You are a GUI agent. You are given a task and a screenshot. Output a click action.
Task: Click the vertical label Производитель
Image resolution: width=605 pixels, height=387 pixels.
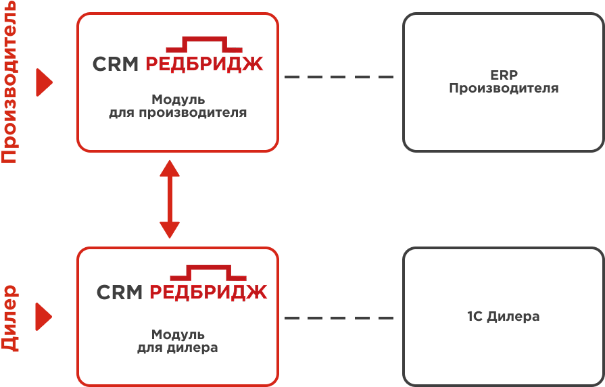point(9,82)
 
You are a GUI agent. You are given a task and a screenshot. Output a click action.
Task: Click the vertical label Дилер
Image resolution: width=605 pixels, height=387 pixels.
point(9,317)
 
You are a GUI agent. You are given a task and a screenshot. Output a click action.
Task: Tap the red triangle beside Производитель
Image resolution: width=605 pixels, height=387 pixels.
point(45,82)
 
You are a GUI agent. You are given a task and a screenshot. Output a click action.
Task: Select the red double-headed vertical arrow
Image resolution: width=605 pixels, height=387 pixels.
point(169,199)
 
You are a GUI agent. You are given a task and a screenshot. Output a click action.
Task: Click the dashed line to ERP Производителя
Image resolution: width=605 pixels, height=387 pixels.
point(339,77)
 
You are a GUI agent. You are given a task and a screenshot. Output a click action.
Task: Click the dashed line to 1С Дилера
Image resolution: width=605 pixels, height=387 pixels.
point(339,317)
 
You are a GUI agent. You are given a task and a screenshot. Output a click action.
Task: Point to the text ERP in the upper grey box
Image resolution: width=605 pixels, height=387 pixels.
point(504,76)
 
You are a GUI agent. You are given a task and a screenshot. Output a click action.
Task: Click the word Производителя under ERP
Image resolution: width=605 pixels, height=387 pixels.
point(504,88)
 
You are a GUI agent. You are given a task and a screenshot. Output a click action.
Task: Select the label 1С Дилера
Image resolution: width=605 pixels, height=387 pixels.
point(504,317)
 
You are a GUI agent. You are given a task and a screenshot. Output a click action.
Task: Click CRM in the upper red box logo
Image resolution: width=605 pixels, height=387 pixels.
point(116,64)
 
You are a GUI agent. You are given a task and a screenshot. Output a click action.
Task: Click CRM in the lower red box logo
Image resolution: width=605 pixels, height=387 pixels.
point(120,292)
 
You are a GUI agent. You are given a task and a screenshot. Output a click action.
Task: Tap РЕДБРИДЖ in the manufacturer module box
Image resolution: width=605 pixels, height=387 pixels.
point(204,64)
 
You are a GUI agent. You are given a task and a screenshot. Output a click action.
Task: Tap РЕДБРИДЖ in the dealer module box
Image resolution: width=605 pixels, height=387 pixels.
point(208,292)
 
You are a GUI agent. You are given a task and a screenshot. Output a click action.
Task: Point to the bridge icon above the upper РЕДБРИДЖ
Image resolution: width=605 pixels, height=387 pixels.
point(204,45)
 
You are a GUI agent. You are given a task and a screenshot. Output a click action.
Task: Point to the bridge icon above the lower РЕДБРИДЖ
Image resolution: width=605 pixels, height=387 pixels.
point(208,273)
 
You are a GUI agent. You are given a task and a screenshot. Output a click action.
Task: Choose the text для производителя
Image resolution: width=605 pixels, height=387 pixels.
point(178,113)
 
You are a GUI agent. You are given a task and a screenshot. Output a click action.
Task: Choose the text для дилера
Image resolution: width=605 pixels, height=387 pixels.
point(178,348)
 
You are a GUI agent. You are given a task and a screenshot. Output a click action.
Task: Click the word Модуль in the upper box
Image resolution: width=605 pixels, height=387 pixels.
point(178,100)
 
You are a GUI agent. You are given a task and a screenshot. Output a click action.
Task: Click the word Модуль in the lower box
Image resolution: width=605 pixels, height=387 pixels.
point(178,335)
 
